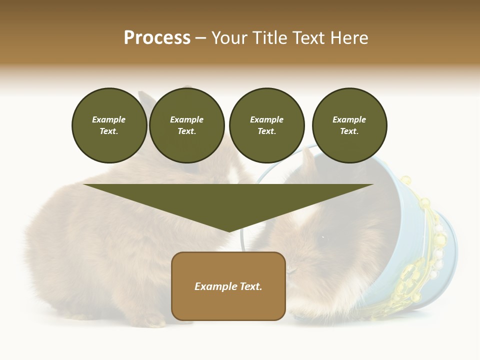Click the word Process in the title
tap(157, 38)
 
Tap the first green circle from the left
tap(109, 125)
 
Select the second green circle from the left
tap(186, 125)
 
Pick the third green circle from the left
tap(266, 125)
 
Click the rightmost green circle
tap(349, 125)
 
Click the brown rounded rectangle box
tap(228, 286)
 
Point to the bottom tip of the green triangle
tap(229, 231)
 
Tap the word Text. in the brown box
tap(251, 286)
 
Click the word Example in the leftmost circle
tap(109, 119)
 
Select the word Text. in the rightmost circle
tap(349, 131)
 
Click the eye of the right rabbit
tap(323, 237)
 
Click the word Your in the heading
tap(229, 38)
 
